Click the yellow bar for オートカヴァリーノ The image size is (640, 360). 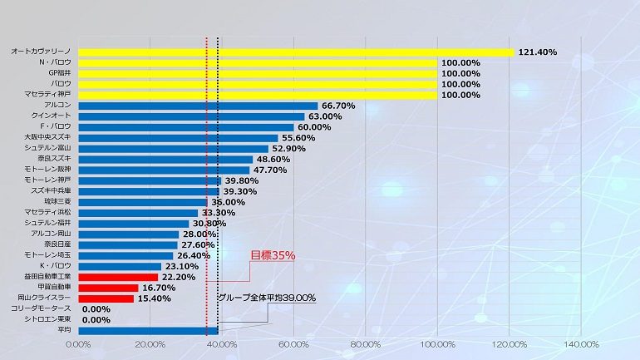tap(296, 52)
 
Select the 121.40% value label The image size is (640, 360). tap(537, 52)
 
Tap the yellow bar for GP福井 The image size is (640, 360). tap(258, 73)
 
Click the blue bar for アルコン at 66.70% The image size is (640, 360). tap(198, 106)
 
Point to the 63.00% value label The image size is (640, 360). tap(325, 116)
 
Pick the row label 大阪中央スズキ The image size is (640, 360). tap(47, 138)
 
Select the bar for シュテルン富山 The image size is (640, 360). tap(173, 149)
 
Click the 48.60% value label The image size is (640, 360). tap(273, 160)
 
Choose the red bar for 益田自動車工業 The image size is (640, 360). tap(118, 277)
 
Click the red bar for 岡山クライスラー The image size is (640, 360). tap(106, 298)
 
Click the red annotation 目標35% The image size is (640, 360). tap(273, 255)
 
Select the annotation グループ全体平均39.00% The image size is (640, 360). tap(267, 297)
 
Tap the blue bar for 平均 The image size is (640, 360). tap(148, 330)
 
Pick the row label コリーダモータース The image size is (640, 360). tap(42, 308)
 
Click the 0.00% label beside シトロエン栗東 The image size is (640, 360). tap(96, 319)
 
